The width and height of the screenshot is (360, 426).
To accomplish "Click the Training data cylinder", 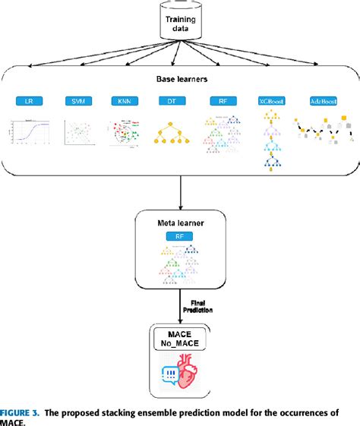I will (181, 21).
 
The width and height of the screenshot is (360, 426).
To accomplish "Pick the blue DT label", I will (170, 101).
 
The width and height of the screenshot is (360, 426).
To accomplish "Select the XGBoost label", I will (270, 101).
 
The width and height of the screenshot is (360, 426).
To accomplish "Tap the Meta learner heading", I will (180, 224).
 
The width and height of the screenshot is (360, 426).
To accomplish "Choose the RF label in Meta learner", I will (180, 237).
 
